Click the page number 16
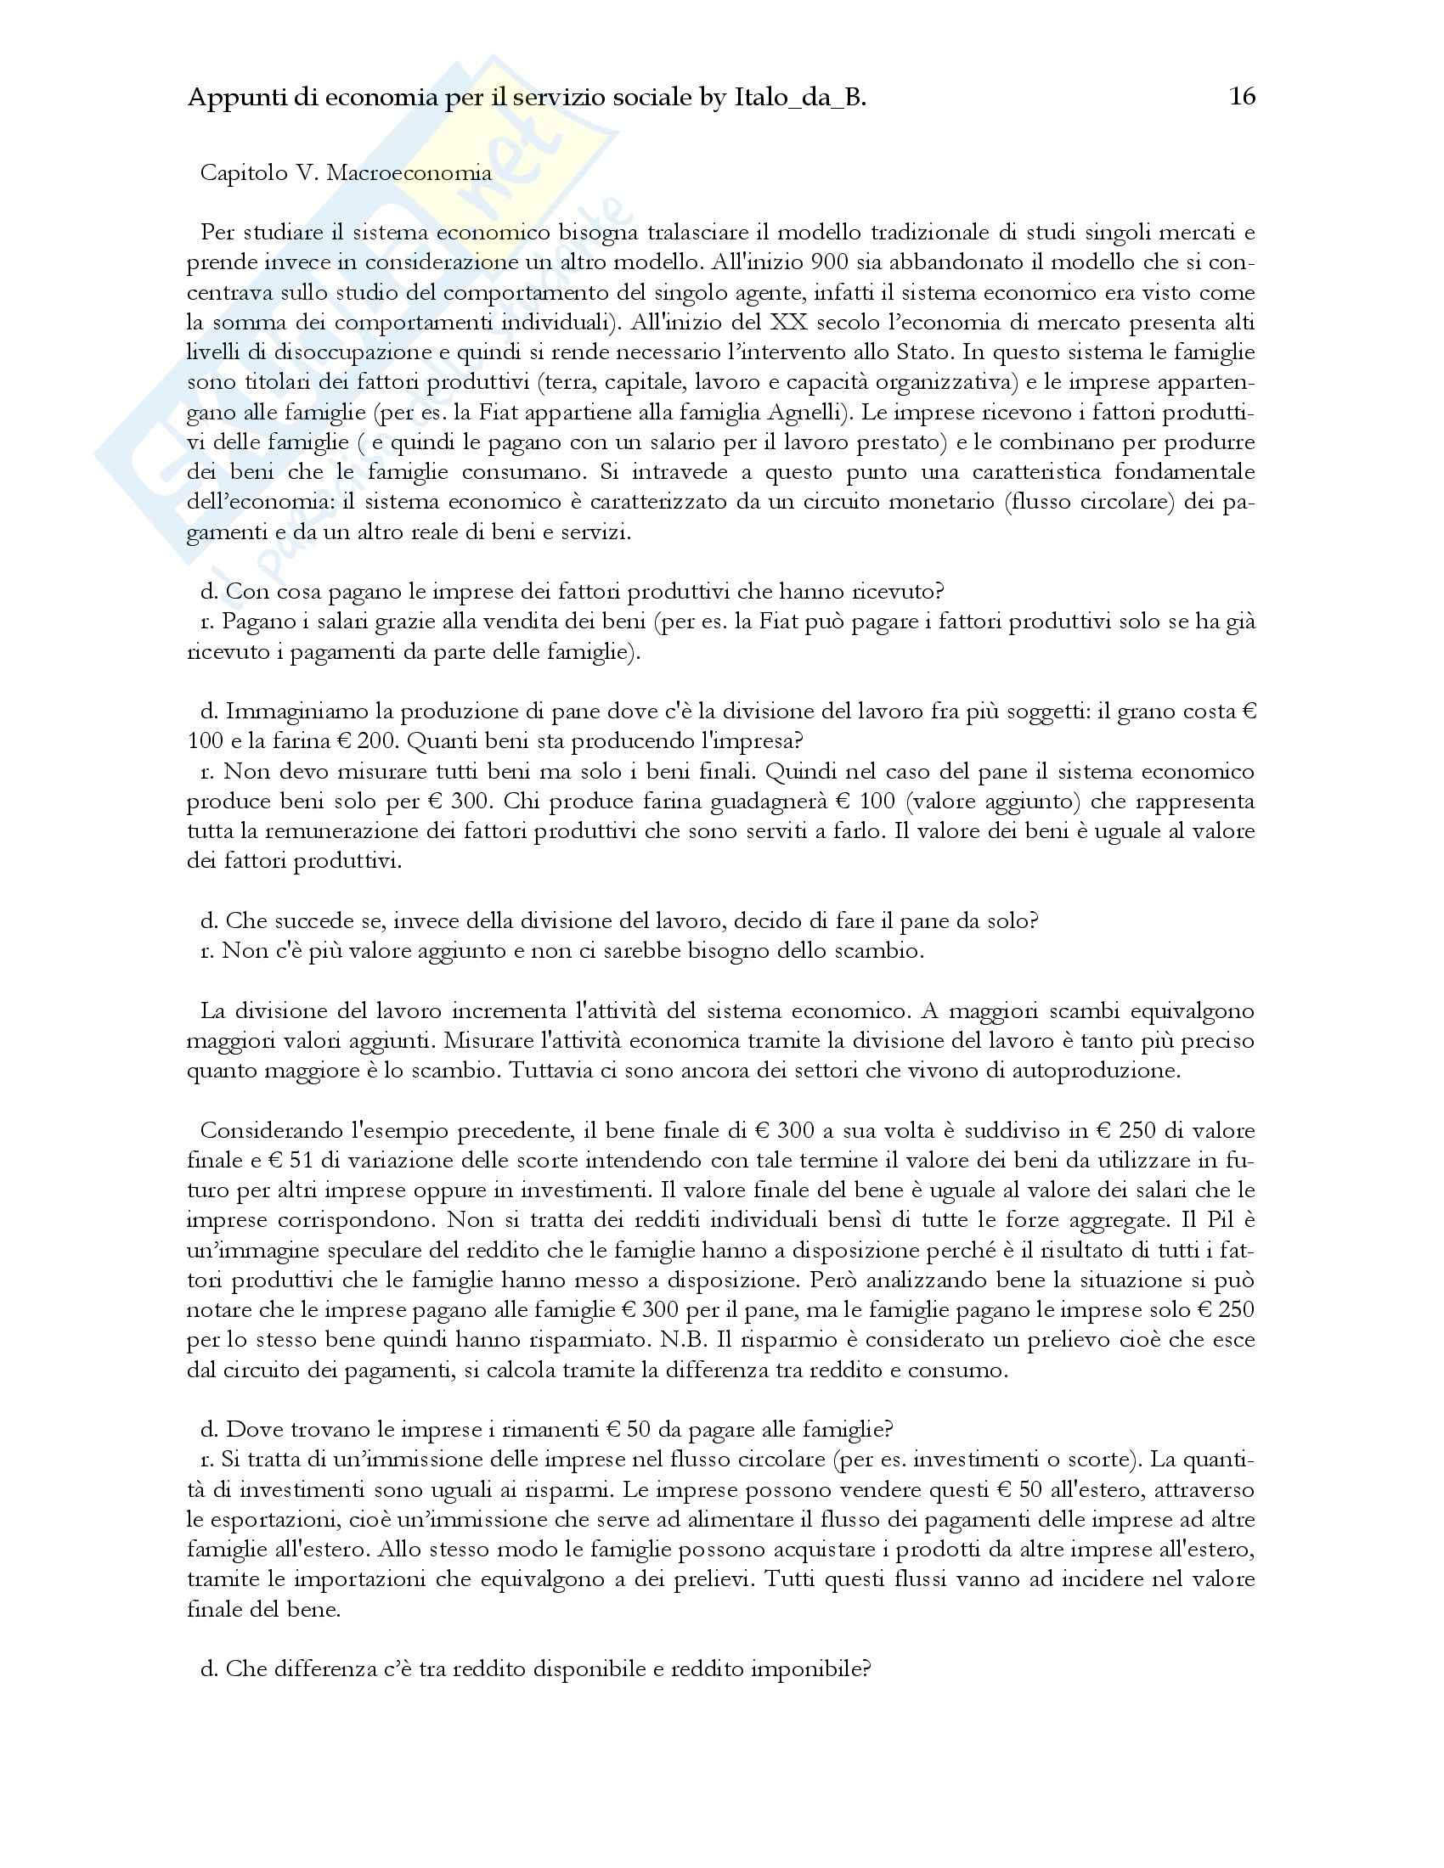[x=1242, y=97]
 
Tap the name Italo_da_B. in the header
[x=800, y=98]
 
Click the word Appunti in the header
[x=227, y=98]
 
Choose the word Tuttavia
[x=556, y=1071]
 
